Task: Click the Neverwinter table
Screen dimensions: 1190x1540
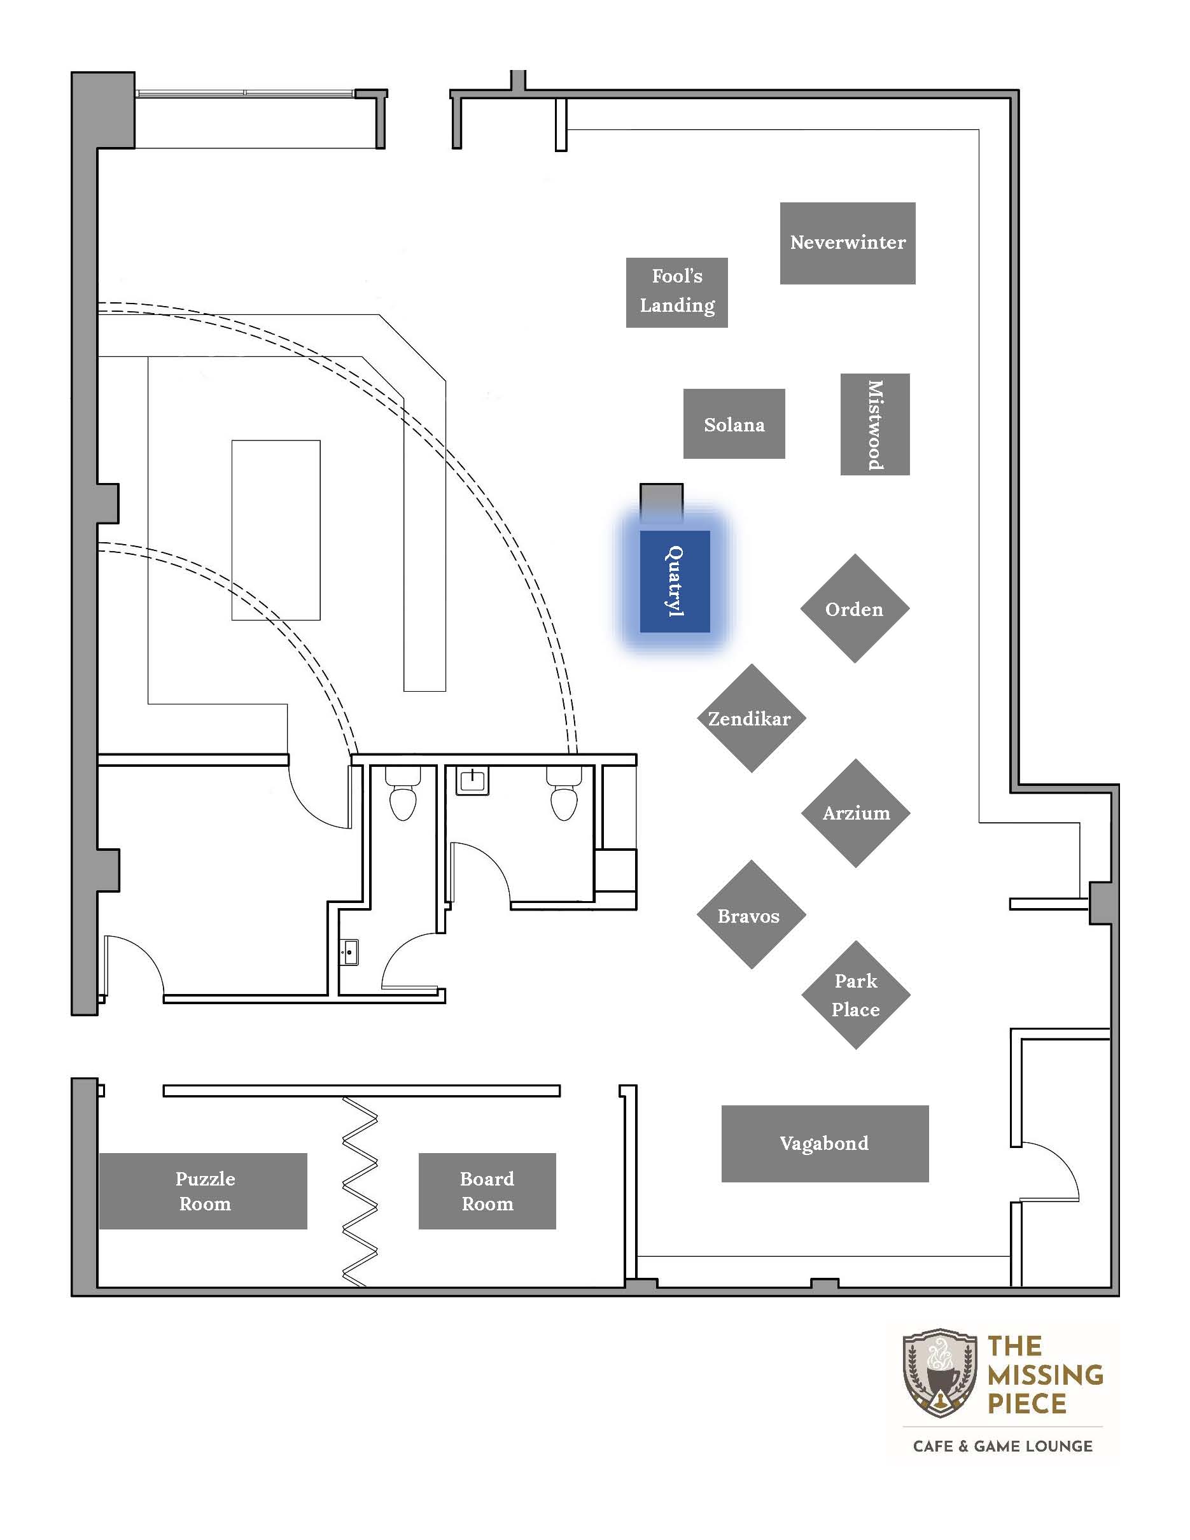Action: pos(848,243)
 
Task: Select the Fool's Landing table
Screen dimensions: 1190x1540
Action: pos(677,292)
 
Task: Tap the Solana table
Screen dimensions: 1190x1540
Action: pos(734,424)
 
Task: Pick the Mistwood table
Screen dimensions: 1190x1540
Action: pos(875,424)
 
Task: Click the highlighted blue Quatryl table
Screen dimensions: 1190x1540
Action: pos(675,581)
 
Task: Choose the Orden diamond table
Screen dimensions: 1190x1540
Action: pos(855,608)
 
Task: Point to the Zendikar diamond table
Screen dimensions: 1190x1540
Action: pos(752,718)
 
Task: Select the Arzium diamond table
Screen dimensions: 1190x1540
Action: pos(856,813)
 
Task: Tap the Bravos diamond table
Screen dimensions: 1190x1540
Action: pos(752,914)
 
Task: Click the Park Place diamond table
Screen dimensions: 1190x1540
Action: pos(856,995)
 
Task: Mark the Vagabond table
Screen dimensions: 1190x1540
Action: pos(825,1143)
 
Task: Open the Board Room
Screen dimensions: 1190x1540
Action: pos(487,1191)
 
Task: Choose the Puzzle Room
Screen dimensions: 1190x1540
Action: pos(203,1191)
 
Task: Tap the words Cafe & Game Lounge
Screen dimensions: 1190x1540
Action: pos(1002,1446)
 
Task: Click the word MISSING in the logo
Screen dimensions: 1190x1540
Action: pos(1046,1375)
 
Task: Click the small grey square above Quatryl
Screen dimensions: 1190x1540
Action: pos(661,503)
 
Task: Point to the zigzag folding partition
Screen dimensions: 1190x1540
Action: pos(360,1191)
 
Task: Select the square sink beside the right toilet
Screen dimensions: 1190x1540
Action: pos(472,781)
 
